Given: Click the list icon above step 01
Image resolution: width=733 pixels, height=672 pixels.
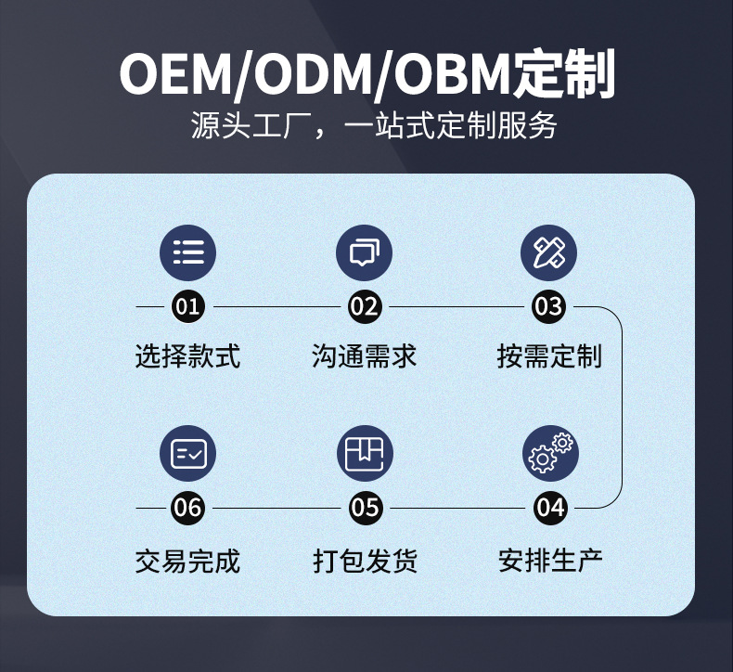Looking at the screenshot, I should pos(188,252).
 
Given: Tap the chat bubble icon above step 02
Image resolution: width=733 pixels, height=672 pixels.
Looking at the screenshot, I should pos(365,252).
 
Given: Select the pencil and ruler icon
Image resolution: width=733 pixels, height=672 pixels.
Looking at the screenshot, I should pos(549,252).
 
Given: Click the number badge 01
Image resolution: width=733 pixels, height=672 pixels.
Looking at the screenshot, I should pos(188,306).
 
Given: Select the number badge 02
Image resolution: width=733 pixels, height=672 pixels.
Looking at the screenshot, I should pos(365,306).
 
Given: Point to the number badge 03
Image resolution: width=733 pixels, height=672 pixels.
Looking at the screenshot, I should pos(549,306).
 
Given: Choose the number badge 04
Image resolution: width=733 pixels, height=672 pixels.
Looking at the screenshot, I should pos(550,508).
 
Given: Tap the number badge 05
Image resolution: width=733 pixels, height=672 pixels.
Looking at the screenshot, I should pos(366,508).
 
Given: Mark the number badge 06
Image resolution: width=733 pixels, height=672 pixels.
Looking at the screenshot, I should pos(188,508).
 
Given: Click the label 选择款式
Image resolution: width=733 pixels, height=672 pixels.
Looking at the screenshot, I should pos(187,356).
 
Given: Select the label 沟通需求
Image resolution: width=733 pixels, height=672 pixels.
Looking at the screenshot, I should pos(365,356).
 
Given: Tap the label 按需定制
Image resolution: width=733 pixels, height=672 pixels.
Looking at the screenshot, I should pos(549,356).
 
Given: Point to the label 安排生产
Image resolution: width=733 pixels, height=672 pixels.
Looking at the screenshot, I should pos(550,561).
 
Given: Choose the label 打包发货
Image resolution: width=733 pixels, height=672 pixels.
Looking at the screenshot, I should pos(366,561).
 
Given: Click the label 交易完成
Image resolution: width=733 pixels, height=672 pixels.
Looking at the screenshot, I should pos(187,561).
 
